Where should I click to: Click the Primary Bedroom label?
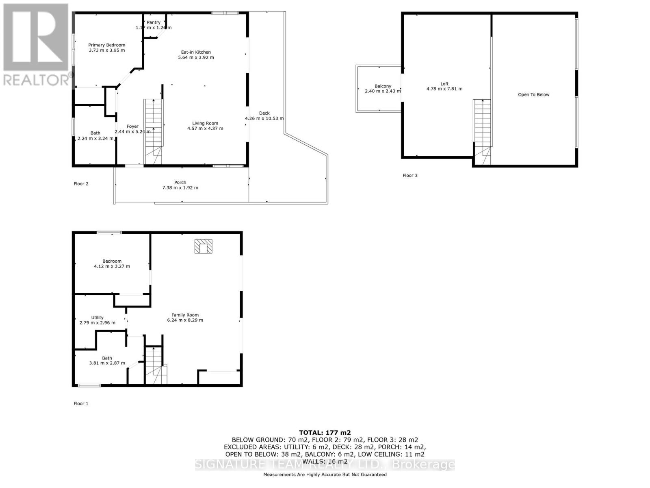pos(107,45)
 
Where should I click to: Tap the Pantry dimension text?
pos(154,28)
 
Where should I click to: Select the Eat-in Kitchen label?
pos(196,52)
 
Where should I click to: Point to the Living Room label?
pos(205,123)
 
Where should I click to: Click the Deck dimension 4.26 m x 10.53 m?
pos(264,118)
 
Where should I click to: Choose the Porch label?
pos(180,183)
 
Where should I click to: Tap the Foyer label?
pos(132,126)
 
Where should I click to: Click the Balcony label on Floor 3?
pos(383,86)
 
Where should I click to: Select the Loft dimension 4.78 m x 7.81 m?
pos(444,89)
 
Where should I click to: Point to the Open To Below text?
pos(533,95)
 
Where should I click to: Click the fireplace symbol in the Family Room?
pos(203,246)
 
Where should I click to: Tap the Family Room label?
pos(185,315)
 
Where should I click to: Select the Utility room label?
pos(97,318)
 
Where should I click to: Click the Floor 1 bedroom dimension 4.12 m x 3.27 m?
pos(112,266)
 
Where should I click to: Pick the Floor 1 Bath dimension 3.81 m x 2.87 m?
pos(107,363)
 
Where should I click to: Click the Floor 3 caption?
pos(410,176)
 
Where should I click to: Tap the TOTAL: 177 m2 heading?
pos(325,433)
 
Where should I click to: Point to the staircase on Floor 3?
pos(482,130)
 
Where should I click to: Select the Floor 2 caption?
pos(81,184)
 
